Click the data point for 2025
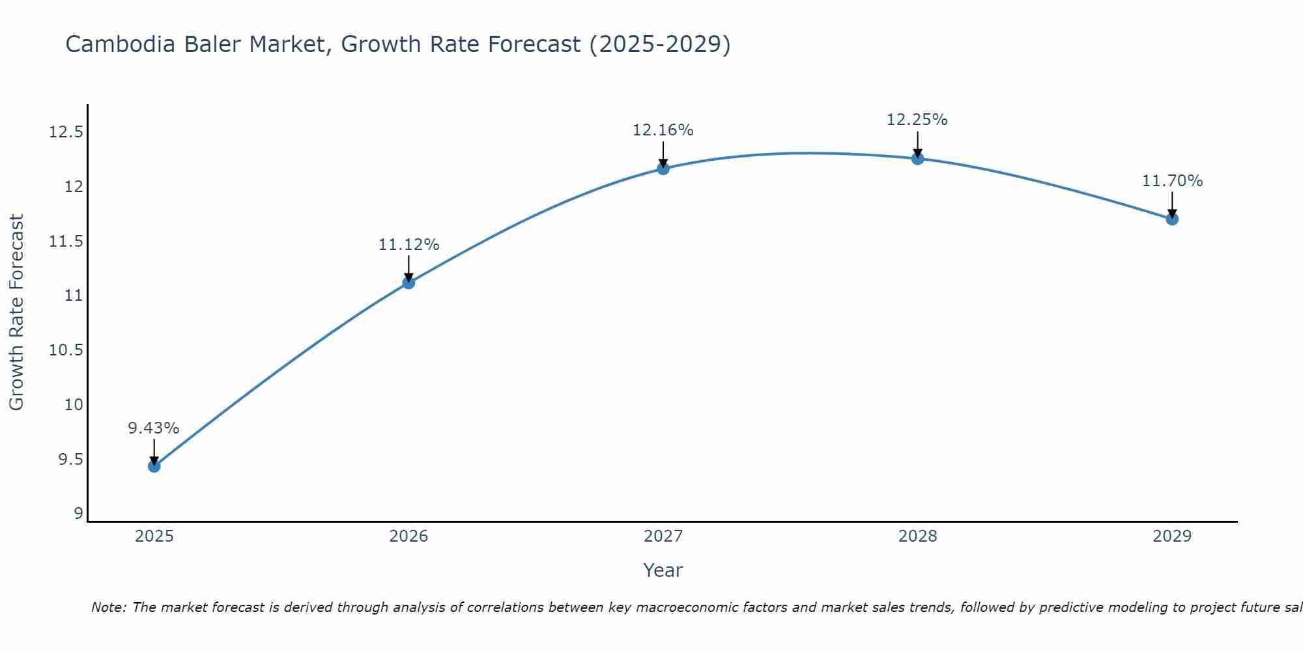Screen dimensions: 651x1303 154,466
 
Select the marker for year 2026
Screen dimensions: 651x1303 408,283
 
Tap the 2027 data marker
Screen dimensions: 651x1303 663,169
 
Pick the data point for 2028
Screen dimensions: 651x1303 917,158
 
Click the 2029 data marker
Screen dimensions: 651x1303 1172,219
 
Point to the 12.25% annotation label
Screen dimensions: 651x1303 917,120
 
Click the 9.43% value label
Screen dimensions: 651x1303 153,428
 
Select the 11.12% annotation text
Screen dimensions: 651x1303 408,245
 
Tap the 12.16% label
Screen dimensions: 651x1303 663,130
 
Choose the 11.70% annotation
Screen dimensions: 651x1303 1172,181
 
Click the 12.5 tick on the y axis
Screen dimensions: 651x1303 66,133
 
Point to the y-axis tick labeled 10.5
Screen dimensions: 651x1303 66,350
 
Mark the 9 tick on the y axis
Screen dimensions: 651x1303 79,514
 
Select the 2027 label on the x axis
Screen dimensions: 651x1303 663,536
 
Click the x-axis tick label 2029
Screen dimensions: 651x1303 1172,536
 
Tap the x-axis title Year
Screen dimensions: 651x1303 663,570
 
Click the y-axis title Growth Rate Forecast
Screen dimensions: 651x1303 16,312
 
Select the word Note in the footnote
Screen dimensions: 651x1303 108,607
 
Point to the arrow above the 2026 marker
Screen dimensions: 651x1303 408,267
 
